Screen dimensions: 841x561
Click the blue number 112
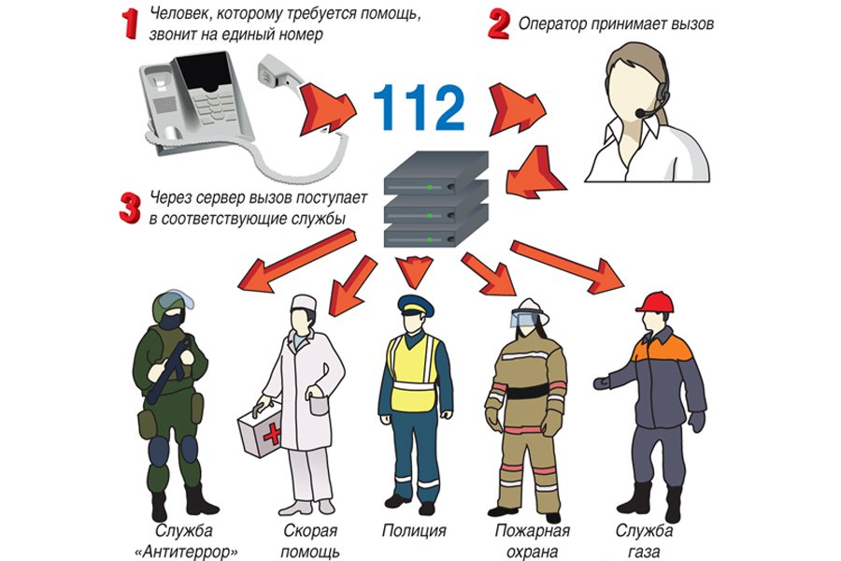tap(419, 108)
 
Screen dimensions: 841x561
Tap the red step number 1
tap(130, 23)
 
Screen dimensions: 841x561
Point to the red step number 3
tap(130, 208)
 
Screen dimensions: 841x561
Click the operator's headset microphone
tap(640, 113)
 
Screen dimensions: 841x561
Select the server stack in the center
tap(436, 198)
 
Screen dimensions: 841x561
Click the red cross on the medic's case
tap(272, 433)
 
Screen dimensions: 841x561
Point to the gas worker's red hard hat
tap(655, 302)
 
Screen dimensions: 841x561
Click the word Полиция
tap(414, 530)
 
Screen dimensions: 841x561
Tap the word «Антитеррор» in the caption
tap(187, 552)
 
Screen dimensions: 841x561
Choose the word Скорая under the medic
tap(310, 531)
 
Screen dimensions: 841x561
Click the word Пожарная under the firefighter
tap(532, 531)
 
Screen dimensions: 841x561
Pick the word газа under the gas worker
tap(644, 552)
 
